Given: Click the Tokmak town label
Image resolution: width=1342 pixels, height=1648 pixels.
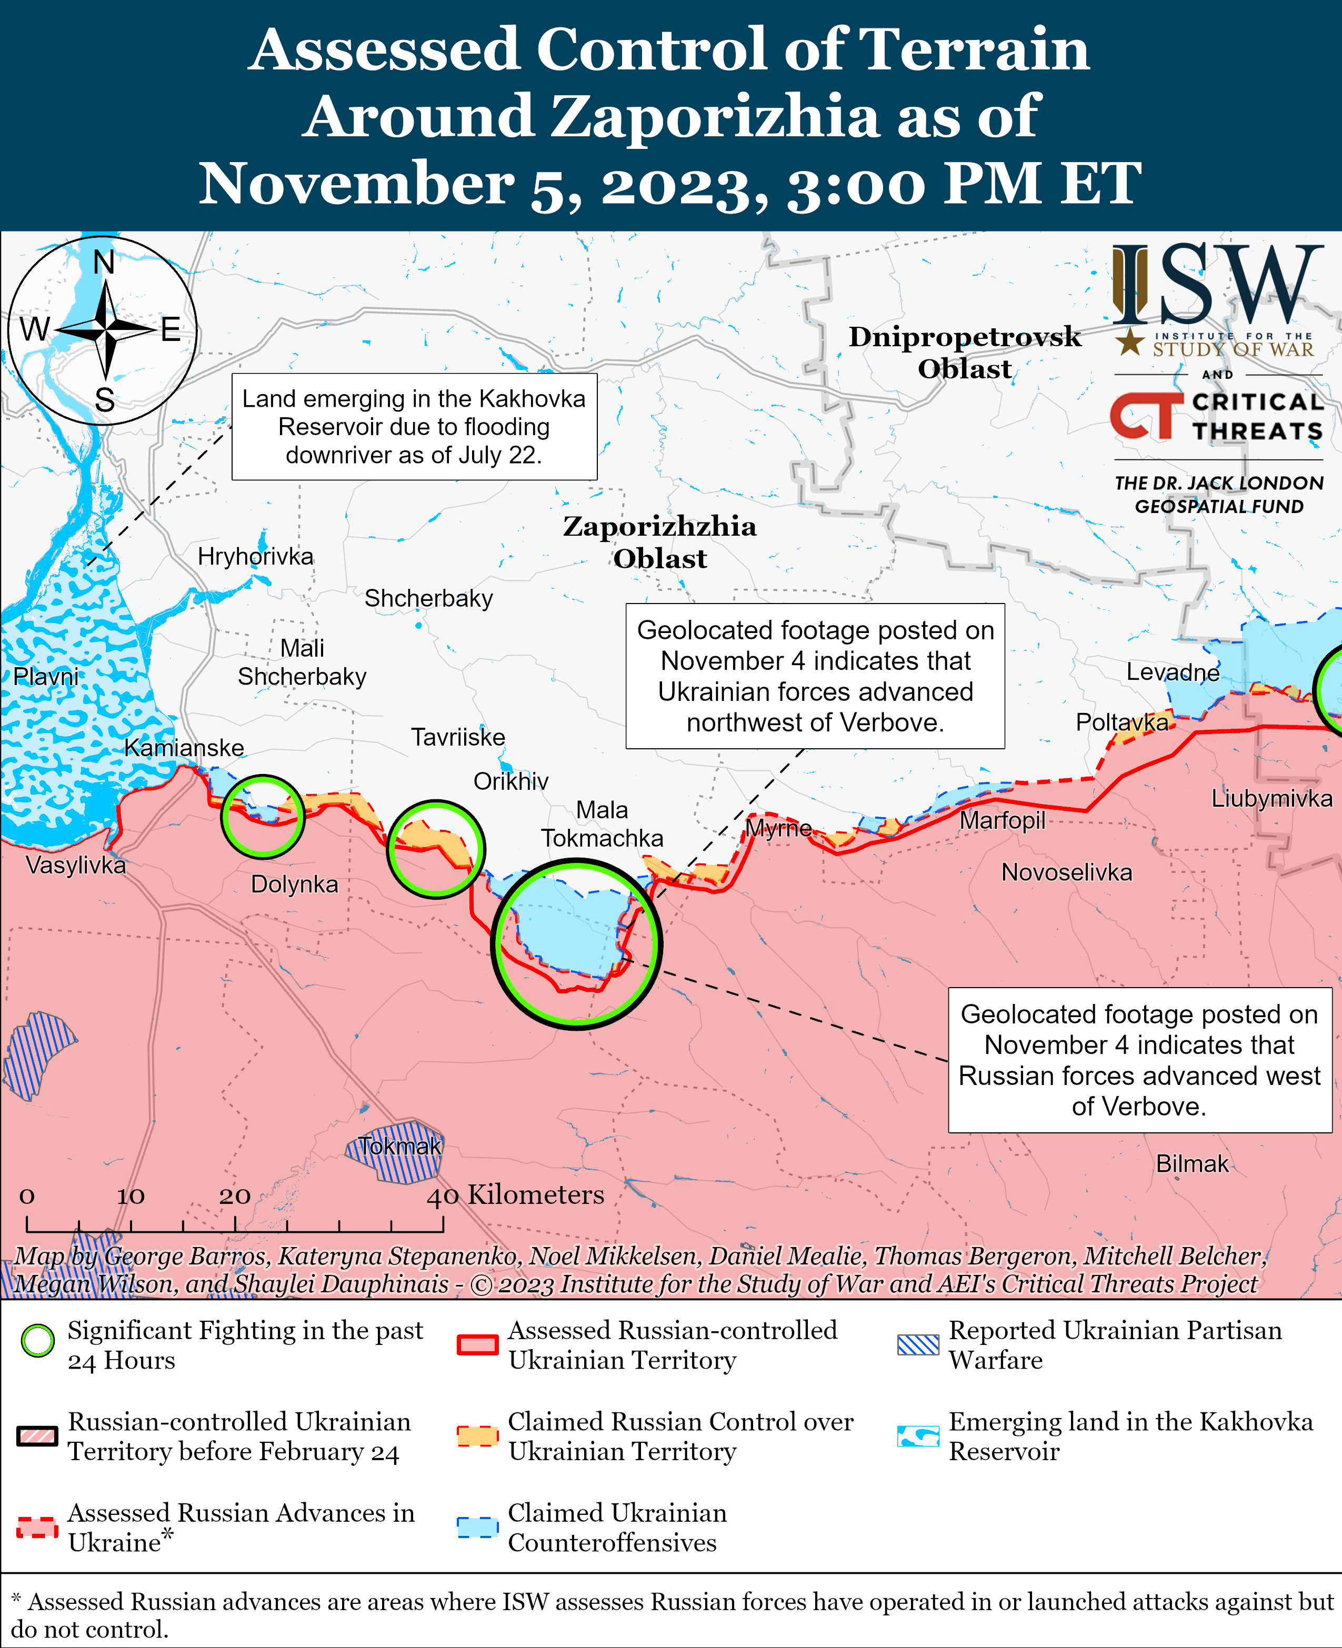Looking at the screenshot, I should tap(399, 1147).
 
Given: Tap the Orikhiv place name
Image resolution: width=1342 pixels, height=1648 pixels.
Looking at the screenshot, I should tap(511, 781).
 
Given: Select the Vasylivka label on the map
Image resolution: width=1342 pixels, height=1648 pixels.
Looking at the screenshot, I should tap(76, 865).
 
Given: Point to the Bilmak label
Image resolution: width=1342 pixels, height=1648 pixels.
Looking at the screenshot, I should tap(1192, 1164).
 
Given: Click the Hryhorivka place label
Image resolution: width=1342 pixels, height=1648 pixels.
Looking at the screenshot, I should tap(255, 557).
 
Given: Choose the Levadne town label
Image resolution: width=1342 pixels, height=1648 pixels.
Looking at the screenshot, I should tap(1173, 672).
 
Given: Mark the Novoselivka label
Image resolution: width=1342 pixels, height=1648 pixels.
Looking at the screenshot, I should tap(1067, 873).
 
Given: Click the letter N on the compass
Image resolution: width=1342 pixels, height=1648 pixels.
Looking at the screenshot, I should tap(104, 263).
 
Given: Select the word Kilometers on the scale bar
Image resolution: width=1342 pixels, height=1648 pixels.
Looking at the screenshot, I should tap(536, 1195).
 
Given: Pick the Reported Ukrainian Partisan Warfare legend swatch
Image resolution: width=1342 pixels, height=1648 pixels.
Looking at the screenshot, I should tap(918, 1345).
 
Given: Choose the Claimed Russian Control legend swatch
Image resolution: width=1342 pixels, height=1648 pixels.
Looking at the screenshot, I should tap(477, 1436).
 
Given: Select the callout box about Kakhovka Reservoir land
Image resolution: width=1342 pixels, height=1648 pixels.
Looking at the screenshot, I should tap(414, 427).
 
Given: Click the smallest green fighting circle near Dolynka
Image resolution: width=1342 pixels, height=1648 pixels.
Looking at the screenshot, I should tap(263, 816).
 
